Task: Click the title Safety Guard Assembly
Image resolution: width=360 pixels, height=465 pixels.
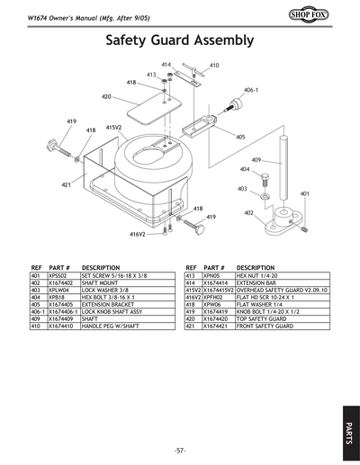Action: (180, 40)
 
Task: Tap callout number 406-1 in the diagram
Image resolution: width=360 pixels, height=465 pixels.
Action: (251, 91)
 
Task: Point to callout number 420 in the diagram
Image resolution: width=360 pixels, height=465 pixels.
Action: (106, 96)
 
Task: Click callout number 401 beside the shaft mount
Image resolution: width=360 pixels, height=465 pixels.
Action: (304, 193)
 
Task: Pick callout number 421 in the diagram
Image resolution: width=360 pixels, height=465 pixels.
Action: (66, 183)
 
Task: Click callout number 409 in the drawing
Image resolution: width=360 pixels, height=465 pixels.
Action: (256, 159)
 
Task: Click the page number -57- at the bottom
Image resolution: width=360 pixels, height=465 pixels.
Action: (180, 449)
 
